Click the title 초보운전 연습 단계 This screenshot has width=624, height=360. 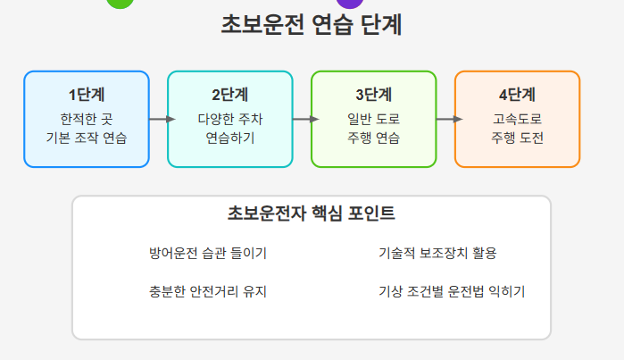tap(312, 25)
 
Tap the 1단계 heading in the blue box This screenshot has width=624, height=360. tap(86, 95)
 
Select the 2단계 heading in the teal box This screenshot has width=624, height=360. tap(229, 95)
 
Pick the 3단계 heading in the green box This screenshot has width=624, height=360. tap(373, 95)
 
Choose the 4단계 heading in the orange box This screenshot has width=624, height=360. tap(517, 95)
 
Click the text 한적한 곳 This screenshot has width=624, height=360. tap(86, 118)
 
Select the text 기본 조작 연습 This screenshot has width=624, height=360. tap(86, 138)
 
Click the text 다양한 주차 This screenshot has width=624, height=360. tap(229, 118)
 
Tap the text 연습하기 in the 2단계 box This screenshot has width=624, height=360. tap(229, 138)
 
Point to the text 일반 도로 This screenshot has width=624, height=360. tap(373, 118)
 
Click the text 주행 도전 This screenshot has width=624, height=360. tap(517, 138)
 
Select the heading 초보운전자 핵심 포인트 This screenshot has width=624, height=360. tap(312, 214)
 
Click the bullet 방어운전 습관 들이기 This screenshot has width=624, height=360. tap(208, 253)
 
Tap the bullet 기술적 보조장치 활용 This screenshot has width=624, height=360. tap(437, 253)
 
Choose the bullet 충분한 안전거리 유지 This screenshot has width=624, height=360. tap(208, 291)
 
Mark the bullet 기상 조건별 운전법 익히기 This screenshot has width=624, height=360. tap(452, 291)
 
